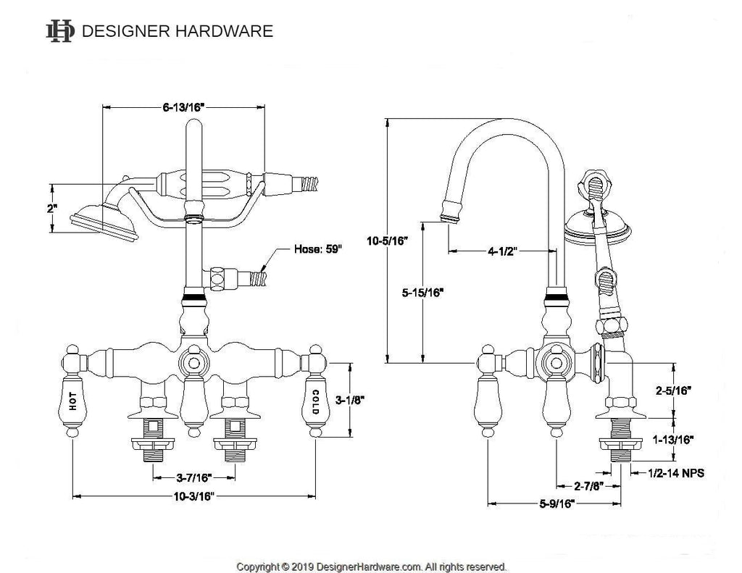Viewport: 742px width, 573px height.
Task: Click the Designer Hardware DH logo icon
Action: coord(60,31)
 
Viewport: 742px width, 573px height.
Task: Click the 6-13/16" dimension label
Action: coord(183,107)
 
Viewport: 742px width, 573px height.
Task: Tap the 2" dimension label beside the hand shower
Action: coord(51,208)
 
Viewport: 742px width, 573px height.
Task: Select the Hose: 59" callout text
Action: coord(317,249)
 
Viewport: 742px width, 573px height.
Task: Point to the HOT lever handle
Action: coord(72,401)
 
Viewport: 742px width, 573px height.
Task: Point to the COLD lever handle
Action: coord(316,401)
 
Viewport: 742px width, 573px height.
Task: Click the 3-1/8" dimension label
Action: coord(350,401)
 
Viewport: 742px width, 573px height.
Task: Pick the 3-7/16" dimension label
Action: coord(194,478)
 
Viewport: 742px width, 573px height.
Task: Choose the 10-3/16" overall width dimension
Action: coord(194,496)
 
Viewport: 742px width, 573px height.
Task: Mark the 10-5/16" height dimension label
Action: coord(387,241)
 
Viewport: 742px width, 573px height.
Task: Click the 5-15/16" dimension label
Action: coord(422,293)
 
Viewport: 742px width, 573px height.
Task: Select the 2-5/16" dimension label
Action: coord(673,391)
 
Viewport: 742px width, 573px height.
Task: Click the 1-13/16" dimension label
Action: coord(673,440)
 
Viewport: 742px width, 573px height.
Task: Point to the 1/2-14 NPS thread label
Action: coord(676,473)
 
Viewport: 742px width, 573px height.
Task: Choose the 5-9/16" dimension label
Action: coord(557,503)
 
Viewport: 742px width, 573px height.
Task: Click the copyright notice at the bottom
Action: coord(372,566)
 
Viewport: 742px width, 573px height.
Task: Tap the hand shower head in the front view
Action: coord(104,222)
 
